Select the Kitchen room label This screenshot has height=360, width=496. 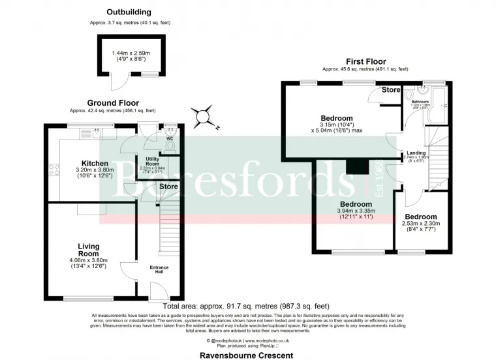click(x=94, y=163)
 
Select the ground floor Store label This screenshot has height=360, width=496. click(x=169, y=187)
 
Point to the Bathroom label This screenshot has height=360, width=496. click(x=420, y=102)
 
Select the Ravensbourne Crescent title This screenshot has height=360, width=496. click(x=247, y=355)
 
